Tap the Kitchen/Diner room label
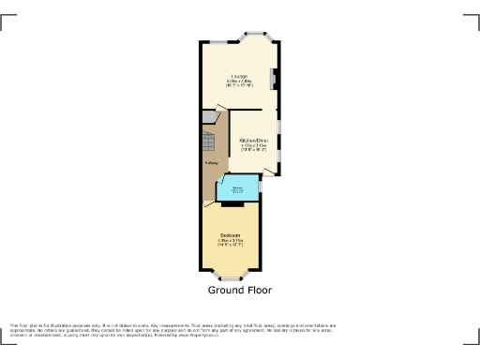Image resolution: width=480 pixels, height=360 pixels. pos(254,140)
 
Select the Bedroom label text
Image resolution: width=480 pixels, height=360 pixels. pos(231,234)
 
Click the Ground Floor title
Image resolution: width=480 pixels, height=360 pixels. pos(239,291)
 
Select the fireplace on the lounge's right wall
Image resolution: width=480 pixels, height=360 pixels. pos(273,79)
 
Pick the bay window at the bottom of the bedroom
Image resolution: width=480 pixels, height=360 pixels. pos(229,277)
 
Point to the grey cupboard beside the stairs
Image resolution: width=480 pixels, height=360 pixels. pos(208,117)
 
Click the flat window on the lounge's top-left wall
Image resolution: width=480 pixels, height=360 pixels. pos(217,40)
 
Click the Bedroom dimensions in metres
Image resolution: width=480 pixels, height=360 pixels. pos(231,240)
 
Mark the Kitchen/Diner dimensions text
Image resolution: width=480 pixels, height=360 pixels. pos(254,147)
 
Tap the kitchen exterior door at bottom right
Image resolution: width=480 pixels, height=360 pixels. pos(273,171)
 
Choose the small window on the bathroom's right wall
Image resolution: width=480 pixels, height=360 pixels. pos(260,187)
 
